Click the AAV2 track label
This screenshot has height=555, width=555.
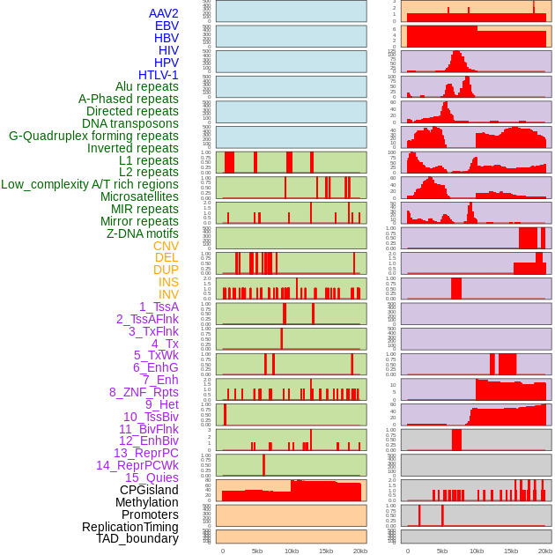pyautogui.click(x=163, y=14)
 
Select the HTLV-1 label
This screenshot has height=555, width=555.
pyautogui.click(x=158, y=75)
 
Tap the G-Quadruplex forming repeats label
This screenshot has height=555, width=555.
pyautogui.click(x=93, y=136)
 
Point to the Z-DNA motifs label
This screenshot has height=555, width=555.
pyautogui.click(x=142, y=233)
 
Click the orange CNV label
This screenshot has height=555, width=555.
pyautogui.click(x=166, y=246)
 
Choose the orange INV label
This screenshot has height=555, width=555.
pyautogui.click(x=168, y=294)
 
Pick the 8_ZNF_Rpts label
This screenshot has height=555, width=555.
pyautogui.click(x=144, y=392)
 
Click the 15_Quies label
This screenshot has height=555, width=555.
pyautogui.click(x=152, y=477)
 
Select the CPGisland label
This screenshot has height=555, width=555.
pyautogui.click(x=149, y=490)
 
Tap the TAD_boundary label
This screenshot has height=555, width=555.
pyautogui.click(x=137, y=538)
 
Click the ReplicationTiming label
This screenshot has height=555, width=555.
pyautogui.click(x=129, y=527)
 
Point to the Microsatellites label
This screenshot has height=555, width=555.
pyautogui.click(x=139, y=196)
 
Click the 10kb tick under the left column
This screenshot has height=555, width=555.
pyautogui.click(x=291, y=551)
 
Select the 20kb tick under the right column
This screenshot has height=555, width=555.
pyautogui.click(x=545, y=551)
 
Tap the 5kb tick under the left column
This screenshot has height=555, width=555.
pyautogui.click(x=256, y=551)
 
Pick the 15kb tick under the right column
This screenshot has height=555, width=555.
pyautogui.click(x=511, y=551)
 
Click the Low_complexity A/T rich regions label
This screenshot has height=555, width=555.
pyautogui.click(x=90, y=184)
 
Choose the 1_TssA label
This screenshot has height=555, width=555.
pyautogui.click(x=159, y=307)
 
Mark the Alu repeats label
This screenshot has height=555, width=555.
pyautogui.click(x=146, y=86)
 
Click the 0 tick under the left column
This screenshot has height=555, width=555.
pyautogui.click(x=222, y=551)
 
